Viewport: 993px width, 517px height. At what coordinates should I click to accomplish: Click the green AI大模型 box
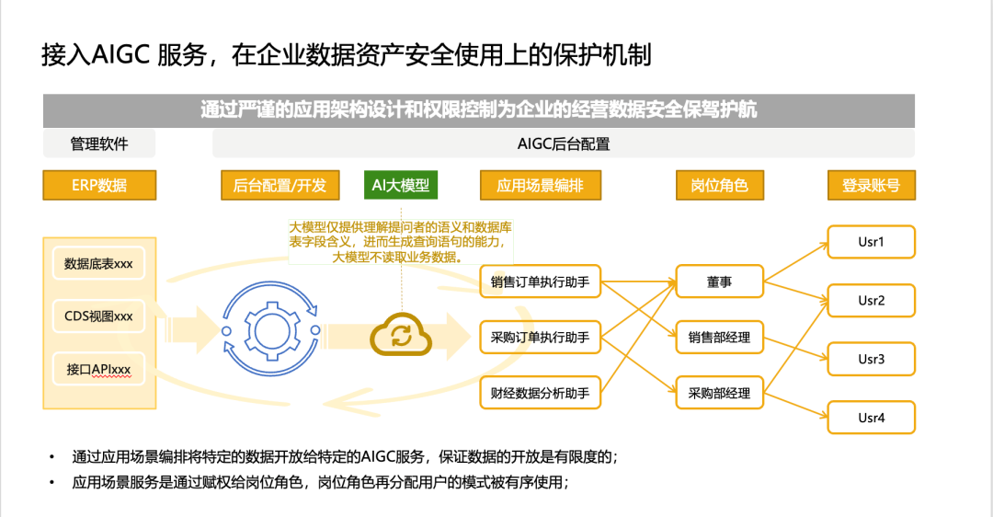click(x=400, y=185)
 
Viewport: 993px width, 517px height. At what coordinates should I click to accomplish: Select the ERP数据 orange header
click(x=99, y=185)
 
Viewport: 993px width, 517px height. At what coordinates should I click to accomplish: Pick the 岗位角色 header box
click(x=719, y=185)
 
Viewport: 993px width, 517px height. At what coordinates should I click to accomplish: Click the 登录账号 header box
click(x=871, y=185)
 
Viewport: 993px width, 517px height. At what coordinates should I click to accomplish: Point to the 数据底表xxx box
click(x=98, y=264)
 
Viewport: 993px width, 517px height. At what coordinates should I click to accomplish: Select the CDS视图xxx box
click(x=98, y=316)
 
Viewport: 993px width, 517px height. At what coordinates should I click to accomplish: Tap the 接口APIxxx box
click(x=98, y=370)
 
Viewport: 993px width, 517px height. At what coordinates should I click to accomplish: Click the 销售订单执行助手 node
click(x=540, y=282)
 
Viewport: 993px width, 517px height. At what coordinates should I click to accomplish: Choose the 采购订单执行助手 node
click(x=540, y=338)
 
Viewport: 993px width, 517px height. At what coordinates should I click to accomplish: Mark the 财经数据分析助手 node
click(x=540, y=394)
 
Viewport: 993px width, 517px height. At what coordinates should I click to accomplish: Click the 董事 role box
click(x=719, y=282)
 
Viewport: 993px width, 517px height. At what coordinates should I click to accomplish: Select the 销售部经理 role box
click(x=719, y=338)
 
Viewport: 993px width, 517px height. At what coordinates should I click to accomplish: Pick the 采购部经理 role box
click(x=719, y=394)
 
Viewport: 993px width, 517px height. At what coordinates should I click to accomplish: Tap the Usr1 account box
click(x=871, y=243)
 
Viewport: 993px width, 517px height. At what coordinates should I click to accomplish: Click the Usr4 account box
click(x=871, y=418)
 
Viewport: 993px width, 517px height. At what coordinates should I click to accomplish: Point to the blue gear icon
click(x=272, y=328)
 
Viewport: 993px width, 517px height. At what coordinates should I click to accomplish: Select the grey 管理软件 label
click(x=99, y=144)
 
